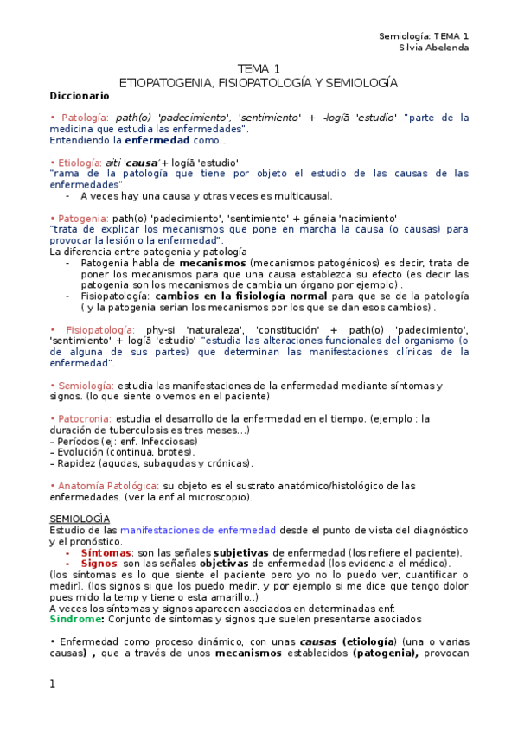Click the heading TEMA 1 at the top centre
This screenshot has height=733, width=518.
pyautogui.click(x=259, y=69)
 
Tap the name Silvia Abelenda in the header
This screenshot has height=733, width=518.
pyautogui.click(x=433, y=48)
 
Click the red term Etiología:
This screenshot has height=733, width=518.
pyautogui.click(x=79, y=163)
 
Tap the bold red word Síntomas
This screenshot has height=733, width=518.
pyautogui.click(x=106, y=552)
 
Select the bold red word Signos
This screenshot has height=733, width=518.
pyautogui.click(x=99, y=564)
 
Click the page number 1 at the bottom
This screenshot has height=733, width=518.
pyautogui.click(x=53, y=685)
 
